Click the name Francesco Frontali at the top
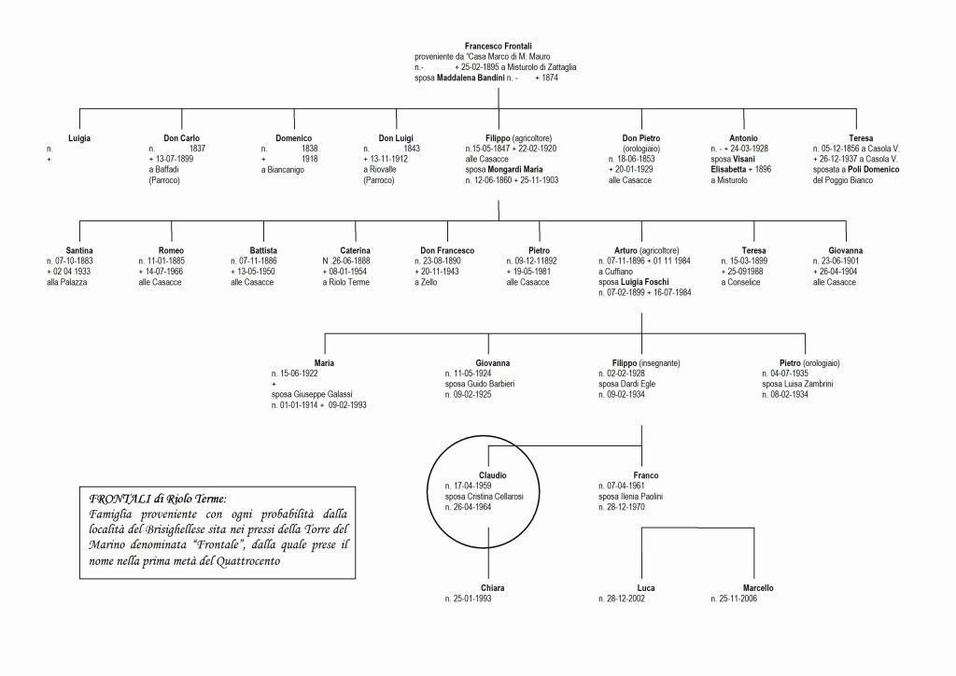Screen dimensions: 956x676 (x=499, y=47)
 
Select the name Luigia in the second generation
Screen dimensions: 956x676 (x=79, y=138)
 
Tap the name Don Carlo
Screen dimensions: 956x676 (x=181, y=138)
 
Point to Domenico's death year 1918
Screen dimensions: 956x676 (x=310, y=159)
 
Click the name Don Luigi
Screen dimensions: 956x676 (x=396, y=138)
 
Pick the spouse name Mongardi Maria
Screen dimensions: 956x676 (x=515, y=169)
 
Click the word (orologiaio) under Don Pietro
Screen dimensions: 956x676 (x=641, y=148)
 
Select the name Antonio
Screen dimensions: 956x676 (x=743, y=138)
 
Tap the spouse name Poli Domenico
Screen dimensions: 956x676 (x=873, y=169)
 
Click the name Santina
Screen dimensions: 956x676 (x=79, y=250)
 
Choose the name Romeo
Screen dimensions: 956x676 (x=171, y=250)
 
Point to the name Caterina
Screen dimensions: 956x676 (x=355, y=250)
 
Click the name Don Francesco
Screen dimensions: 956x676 (x=447, y=250)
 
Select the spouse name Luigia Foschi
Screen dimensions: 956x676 (x=644, y=282)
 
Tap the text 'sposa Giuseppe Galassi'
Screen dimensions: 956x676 (x=312, y=394)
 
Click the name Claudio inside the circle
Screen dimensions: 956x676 (x=493, y=475)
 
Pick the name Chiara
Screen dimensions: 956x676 (x=492, y=588)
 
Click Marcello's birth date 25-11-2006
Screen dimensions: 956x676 (x=738, y=599)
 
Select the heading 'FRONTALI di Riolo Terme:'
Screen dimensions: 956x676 (x=157, y=499)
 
